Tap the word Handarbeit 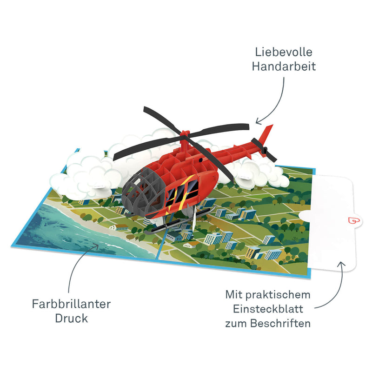pos(284,66)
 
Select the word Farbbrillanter pos(71,305)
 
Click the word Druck pos(71,319)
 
